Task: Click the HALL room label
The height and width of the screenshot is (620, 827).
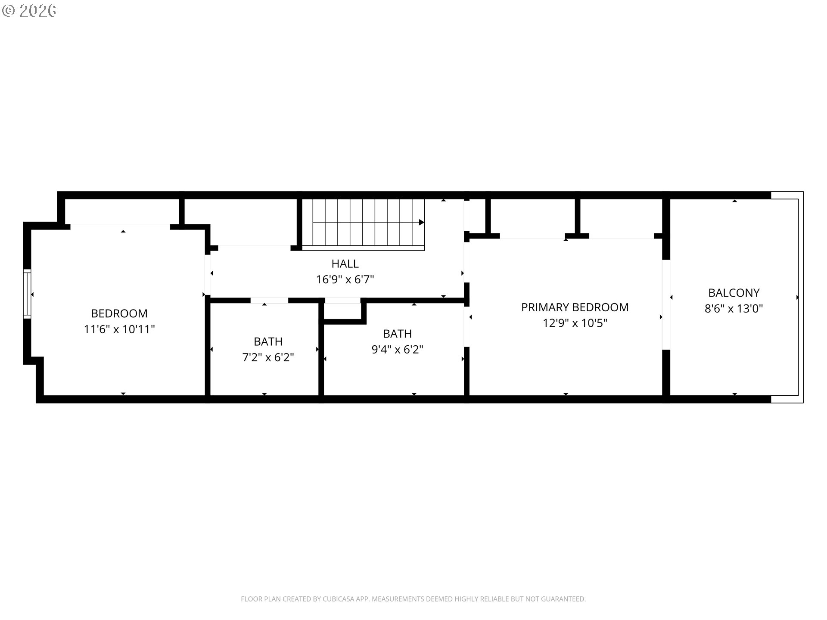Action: coord(345,263)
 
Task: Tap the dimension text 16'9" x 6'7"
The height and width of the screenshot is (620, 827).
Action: coord(345,279)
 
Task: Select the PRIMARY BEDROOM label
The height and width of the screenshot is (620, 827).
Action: coord(575,307)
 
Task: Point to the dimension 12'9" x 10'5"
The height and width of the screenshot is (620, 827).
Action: coord(575,323)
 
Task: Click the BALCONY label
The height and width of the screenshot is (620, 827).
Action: coord(734,293)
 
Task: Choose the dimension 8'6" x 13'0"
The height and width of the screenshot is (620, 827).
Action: coord(734,308)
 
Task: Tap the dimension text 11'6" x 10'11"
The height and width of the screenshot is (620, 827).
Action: coord(119,329)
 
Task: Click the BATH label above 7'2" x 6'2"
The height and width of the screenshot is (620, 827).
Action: coord(268,341)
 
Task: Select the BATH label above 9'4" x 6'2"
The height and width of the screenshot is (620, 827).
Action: coord(397,334)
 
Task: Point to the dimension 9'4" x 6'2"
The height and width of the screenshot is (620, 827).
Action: coord(397,349)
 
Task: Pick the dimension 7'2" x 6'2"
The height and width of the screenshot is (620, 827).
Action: coord(268,357)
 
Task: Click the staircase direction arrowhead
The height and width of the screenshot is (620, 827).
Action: coord(421,223)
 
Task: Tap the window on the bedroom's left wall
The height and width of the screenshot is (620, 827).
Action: coord(27,294)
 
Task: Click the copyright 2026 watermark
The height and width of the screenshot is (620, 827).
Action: coord(29,11)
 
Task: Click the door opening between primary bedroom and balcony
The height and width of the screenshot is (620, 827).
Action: coord(666,304)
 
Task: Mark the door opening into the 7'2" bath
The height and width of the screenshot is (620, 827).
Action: coord(269,300)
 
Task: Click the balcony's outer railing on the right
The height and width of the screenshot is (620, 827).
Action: coord(801,297)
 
